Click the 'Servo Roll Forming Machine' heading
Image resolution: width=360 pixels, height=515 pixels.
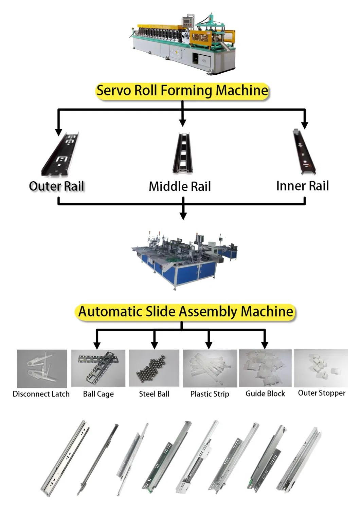pyautogui.click(x=182, y=90)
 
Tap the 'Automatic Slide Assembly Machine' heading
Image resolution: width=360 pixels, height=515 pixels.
pyautogui.click(x=185, y=312)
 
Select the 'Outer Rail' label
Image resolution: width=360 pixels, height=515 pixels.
pyautogui.click(x=56, y=186)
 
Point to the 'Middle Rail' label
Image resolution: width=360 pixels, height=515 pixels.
pyautogui.click(x=180, y=186)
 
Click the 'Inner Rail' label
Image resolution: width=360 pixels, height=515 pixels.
pyautogui.click(x=302, y=186)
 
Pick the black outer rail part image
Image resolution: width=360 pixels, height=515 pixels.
pyautogui.click(x=60, y=154)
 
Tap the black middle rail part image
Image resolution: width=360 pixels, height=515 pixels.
pyautogui.click(x=183, y=153)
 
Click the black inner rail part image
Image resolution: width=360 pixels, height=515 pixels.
pyautogui.click(x=304, y=152)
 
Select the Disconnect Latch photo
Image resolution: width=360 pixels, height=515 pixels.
pyautogui.click(x=42, y=369)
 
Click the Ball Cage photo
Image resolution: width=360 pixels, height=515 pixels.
pyautogui.click(x=98, y=368)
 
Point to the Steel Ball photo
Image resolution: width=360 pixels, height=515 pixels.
pyautogui.click(x=154, y=368)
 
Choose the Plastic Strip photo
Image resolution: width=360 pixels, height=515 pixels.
pyautogui.click(x=210, y=369)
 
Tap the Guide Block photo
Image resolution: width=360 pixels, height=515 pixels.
pyautogui.click(x=265, y=368)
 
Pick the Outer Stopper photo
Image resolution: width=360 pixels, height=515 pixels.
pyautogui.click(x=321, y=368)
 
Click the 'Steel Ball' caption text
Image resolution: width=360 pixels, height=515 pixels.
pyautogui.click(x=154, y=394)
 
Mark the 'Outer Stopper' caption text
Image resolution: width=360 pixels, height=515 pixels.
pyautogui.click(x=322, y=393)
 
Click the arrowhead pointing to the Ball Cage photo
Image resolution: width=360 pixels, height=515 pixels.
pyautogui.click(x=97, y=345)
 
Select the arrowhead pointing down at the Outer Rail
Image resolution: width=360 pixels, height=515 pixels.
pyautogui.click(x=58, y=132)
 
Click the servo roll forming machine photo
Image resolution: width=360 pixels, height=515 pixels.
pyautogui.click(x=182, y=44)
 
